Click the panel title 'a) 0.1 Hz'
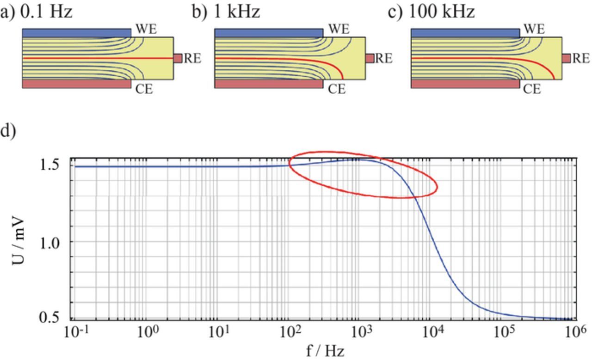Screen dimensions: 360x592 click(x=37, y=12)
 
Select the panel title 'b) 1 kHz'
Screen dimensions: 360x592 click(x=226, y=12)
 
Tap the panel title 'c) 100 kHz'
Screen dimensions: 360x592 click(x=431, y=12)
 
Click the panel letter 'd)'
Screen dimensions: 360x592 click(x=8, y=131)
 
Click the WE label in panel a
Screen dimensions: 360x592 click(x=146, y=29)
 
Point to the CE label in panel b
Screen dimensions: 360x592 click(x=337, y=89)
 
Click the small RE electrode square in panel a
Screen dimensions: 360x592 click(x=178, y=58)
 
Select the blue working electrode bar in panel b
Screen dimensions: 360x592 click(x=269, y=33)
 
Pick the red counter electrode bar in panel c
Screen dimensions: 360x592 click(x=465, y=84)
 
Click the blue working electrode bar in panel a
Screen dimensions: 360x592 click(x=77, y=33)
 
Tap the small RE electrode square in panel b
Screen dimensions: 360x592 click(x=370, y=58)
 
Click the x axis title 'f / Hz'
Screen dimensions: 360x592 click(x=325, y=351)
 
